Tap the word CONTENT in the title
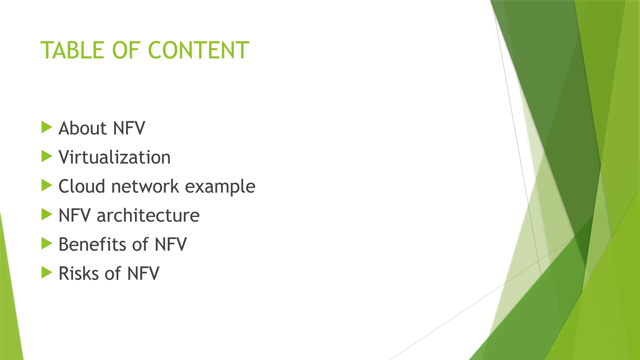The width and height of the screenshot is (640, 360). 198,50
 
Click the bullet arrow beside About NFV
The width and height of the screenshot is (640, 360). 47,127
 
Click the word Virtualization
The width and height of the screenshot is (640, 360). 114,157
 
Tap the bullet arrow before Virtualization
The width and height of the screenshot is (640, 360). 47,156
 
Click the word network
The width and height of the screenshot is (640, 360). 145,186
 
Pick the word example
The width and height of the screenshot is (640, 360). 220,187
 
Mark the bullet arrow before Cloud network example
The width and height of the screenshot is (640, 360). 47,185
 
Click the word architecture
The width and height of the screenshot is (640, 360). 148,215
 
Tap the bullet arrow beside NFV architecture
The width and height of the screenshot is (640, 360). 47,214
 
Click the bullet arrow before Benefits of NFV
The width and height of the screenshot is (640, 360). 47,243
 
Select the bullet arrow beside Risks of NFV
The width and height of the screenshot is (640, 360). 47,272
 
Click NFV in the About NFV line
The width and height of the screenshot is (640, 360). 129,128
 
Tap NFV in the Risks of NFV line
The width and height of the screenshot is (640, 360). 143,273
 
